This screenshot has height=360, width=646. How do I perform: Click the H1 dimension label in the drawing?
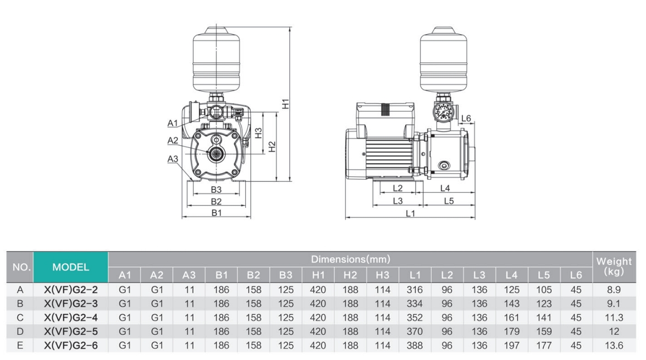click(x=285, y=103)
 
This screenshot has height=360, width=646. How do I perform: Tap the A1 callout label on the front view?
click(x=173, y=123)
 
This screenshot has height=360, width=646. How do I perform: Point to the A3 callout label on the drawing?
click(x=173, y=159)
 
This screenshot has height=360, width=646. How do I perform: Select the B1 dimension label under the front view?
click(x=217, y=213)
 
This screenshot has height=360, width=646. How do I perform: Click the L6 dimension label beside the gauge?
click(x=466, y=118)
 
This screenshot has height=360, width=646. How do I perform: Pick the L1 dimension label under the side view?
click(x=410, y=213)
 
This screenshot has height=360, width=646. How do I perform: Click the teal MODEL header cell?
click(x=71, y=267)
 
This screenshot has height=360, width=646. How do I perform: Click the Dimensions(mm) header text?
click(x=350, y=259)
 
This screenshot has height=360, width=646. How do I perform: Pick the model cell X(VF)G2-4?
click(x=71, y=318)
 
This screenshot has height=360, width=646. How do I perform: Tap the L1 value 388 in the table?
click(x=415, y=346)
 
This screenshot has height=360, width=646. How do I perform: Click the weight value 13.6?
click(x=614, y=346)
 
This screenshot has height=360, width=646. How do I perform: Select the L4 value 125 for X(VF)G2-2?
click(x=511, y=290)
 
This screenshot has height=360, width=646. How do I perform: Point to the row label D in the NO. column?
click(x=20, y=332)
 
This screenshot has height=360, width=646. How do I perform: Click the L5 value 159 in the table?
click(x=544, y=332)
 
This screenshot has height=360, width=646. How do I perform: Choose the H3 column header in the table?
click(x=383, y=275)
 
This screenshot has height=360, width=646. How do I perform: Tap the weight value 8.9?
click(x=614, y=290)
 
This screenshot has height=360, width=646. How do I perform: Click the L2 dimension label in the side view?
click(x=397, y=188)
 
